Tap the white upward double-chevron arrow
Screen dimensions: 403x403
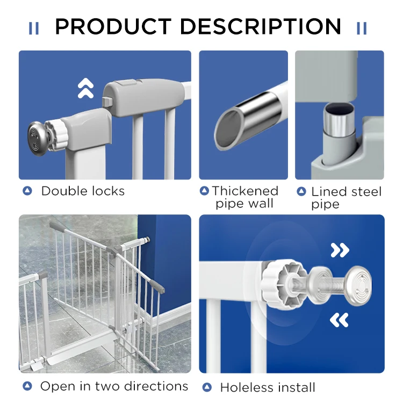tap(85, 88)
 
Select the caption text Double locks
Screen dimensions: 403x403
tap(83, 191)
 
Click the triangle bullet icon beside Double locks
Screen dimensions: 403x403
tap(27, 191)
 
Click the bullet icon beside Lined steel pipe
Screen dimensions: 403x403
tap(301, 191)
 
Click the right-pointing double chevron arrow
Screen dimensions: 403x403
tap(340, 250)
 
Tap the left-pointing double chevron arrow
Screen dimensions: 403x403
tap(339, 320)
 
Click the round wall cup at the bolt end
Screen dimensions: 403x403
tap(357, 286)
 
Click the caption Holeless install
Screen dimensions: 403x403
tap(267, 387)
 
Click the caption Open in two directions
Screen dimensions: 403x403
tap(114, 386)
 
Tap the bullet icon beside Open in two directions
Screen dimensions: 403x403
tap(27, 386)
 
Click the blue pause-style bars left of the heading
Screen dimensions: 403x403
tap(34, 28)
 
